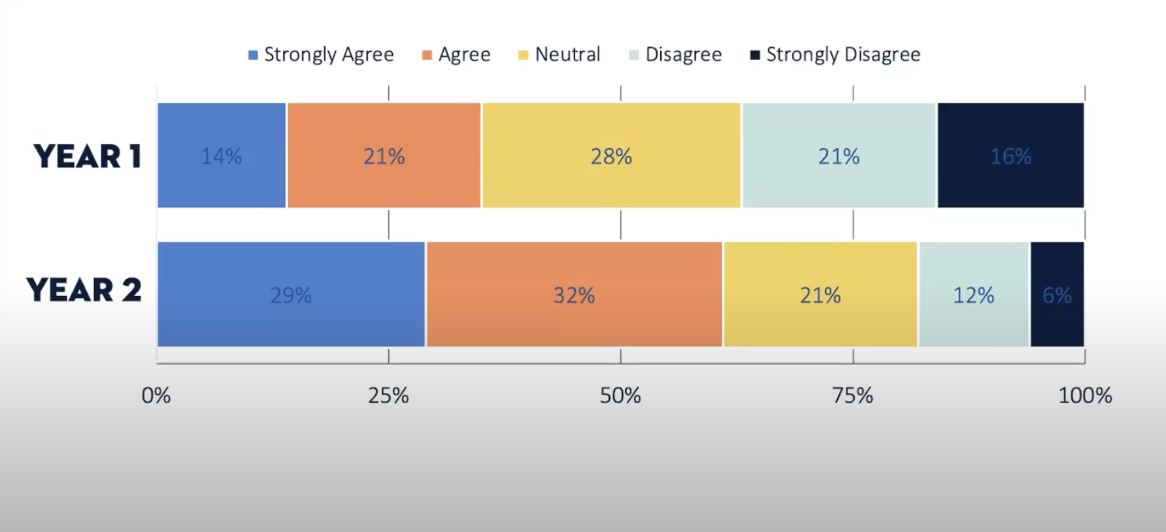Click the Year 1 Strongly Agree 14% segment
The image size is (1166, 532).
coord(222,156)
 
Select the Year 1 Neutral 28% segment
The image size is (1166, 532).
coord(611,156)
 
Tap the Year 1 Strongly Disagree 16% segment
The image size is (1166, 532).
coord(1010,156)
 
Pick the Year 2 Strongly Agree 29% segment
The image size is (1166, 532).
coord(291,294)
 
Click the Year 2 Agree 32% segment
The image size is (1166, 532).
coord(574,294)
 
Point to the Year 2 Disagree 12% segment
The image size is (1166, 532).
coord(973,294)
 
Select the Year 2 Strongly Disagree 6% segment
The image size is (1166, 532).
coord(1057,294)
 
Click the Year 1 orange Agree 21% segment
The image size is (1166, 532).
coord(384,156)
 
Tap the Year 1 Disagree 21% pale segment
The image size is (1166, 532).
coord(839,156)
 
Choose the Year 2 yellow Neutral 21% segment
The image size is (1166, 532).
coord(820,294)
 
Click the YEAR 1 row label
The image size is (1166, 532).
coord(88,156)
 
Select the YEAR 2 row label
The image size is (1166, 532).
coord(84,290)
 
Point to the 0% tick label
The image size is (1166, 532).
coord(156,395)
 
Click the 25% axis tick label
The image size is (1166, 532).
coord(388,395)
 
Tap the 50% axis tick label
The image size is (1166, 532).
coord(620,395)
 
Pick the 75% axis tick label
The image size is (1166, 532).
coord(852,395)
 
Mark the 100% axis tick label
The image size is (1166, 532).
coord(1084,395)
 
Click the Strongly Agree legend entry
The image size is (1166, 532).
coord(321,54)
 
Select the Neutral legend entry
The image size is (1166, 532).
coord(559,54)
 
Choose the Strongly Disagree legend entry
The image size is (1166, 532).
coord(835,54)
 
